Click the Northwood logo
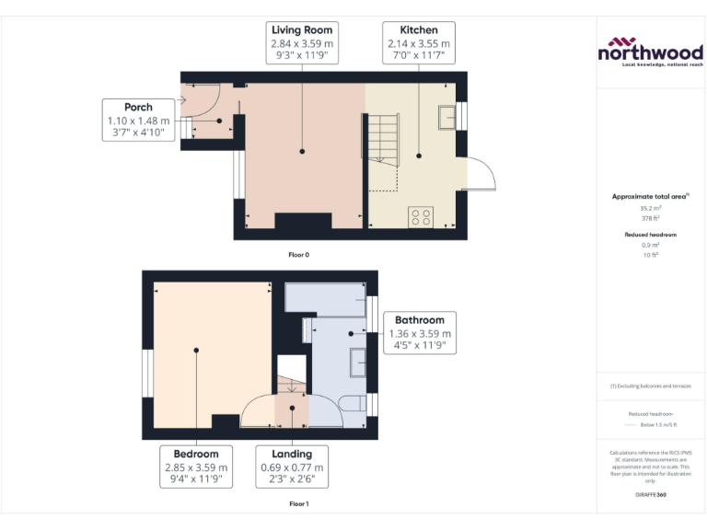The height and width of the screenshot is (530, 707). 651,52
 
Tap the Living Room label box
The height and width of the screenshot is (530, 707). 301,43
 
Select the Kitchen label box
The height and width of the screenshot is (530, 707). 419,43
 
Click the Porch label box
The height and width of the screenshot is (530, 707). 138,121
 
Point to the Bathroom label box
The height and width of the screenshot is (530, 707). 420,333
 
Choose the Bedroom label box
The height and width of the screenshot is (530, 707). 195,467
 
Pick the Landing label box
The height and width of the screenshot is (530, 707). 292,467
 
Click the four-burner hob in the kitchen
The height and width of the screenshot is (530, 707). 421,216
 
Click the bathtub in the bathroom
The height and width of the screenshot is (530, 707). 326,299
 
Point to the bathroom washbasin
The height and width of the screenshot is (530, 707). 357,362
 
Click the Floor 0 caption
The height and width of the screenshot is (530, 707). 299,254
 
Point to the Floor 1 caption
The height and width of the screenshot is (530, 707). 299,504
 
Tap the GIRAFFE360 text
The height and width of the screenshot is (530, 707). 650,495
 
